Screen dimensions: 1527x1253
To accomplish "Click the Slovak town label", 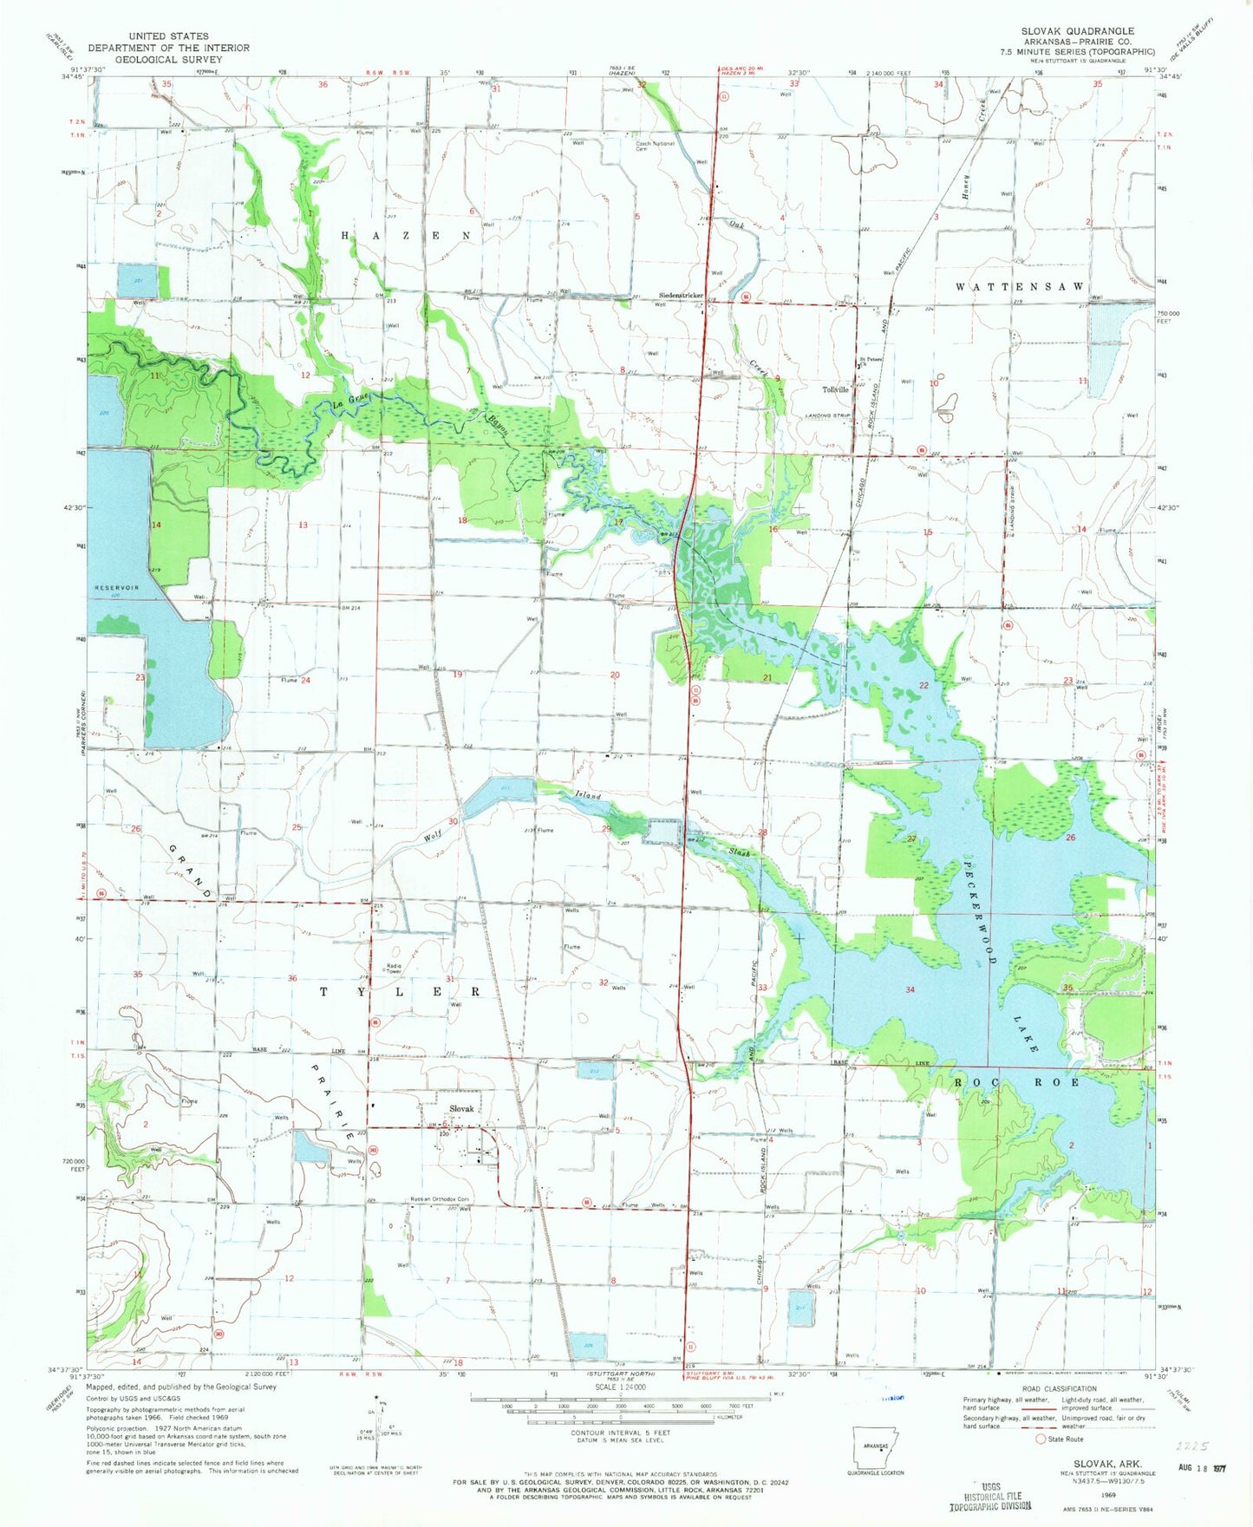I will pos(461,1109).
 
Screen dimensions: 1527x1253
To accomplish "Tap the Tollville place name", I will pos(835,389).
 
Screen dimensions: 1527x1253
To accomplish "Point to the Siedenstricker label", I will pos(681,296).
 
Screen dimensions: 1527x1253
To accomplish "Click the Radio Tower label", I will pos(395,969).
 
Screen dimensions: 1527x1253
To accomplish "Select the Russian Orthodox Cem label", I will pos(440,1200).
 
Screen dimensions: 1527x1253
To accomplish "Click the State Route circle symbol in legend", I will pos(1041,1439).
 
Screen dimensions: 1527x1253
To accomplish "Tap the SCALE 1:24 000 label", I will pos(619,1387).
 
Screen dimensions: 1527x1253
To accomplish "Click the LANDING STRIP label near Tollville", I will pos(829,416).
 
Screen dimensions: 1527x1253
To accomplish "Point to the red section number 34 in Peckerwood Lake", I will pos(910,989).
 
